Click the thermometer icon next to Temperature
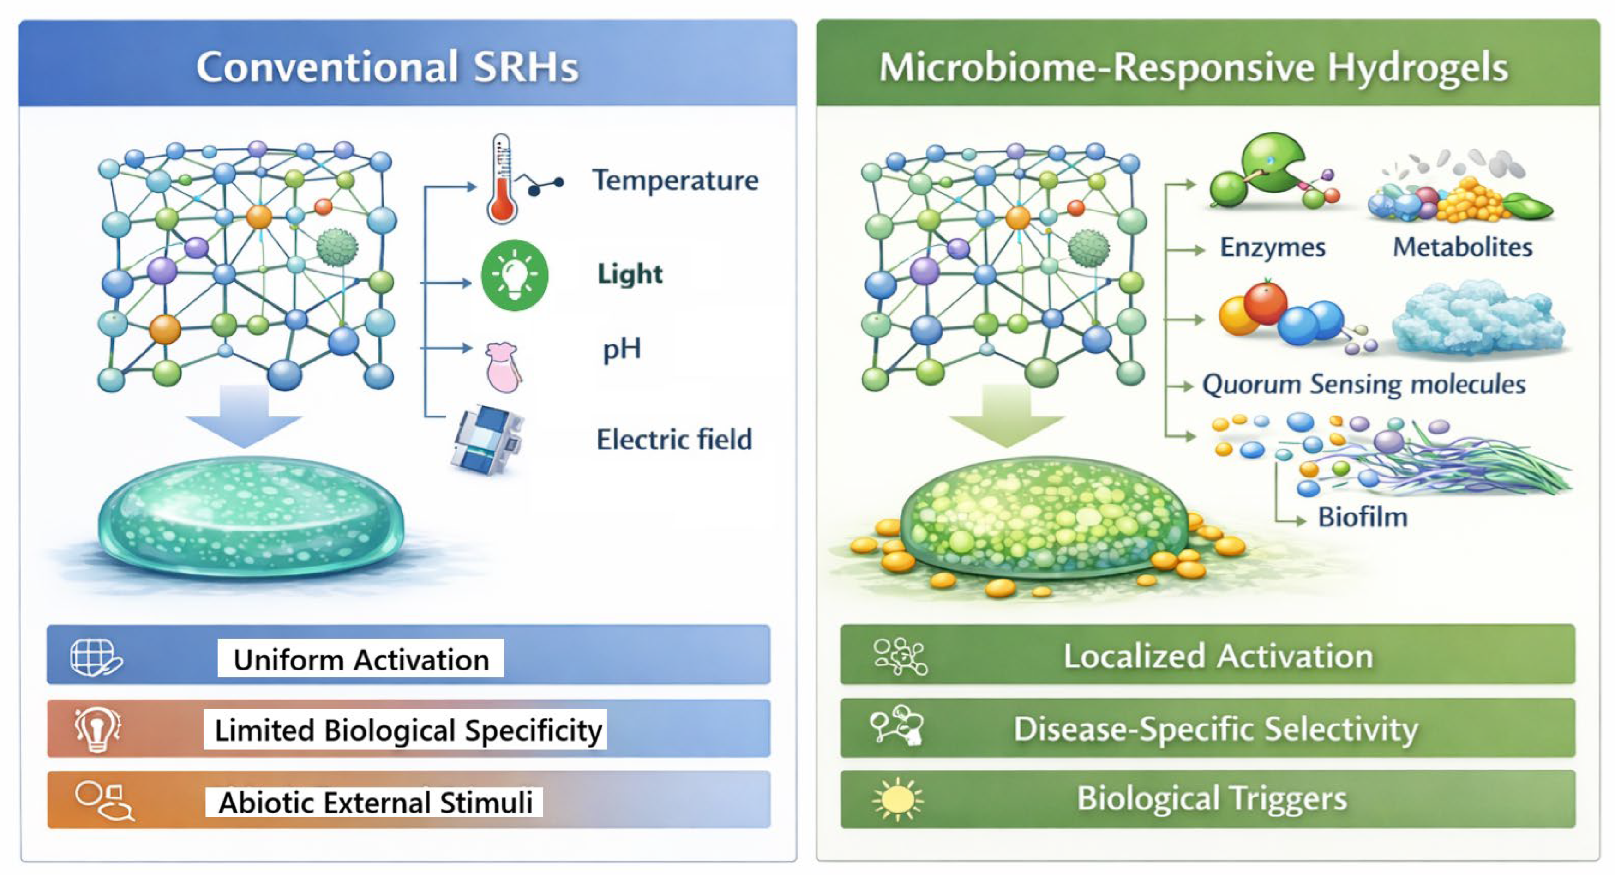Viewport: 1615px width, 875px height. pyautogui.click(x=502, y=180)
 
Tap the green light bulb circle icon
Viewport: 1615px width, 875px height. pyautogui.click(x=514, y=275)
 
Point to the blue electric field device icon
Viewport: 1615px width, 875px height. pyautogui.click(x=488, y=439)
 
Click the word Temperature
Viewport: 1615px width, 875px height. pyautogui.click(x=675, y=181)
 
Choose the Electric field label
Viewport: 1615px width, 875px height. pyautogui.click(x=674, y=439)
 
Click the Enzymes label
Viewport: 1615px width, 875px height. pyautogui.click(x=1272, y=247)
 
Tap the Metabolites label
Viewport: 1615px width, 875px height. pyautogui.click(x=1462, y=247)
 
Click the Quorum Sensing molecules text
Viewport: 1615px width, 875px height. pyautogui.click(x=1363, y=384)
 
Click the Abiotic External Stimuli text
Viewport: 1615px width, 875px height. pyautogui.click(x=375, y=802)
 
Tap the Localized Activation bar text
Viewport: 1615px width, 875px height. pyautogui.click(x=1218, y=656)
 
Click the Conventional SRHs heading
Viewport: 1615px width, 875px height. pyautogui.click(x=387, y=66)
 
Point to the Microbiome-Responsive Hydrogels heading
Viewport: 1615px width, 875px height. pyautogui.click(x=1193, y=66)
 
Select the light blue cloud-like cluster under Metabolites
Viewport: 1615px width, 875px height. pyautogui.click(x=1478, y=320)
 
